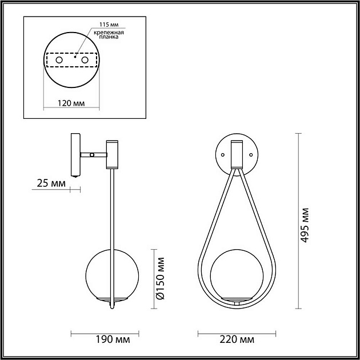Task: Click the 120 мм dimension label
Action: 71,103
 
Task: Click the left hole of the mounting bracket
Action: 59,60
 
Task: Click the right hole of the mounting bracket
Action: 85,60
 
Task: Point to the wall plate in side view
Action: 75,154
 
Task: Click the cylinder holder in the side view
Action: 112,154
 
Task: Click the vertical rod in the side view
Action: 112,229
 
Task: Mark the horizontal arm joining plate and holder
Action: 94,154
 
